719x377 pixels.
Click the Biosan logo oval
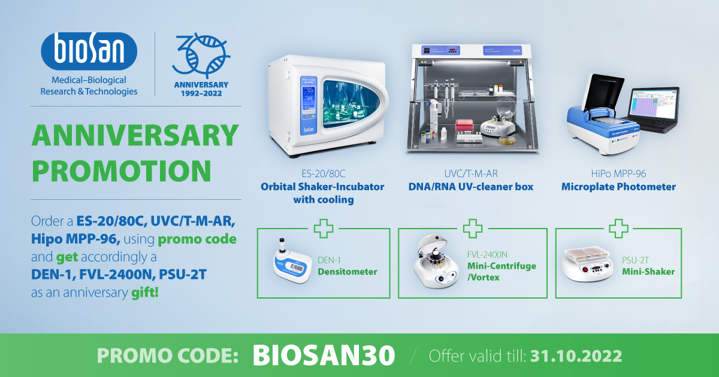pos(89,51)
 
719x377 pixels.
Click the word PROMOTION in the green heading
pos(121,171)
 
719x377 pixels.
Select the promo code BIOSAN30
pos(324,355)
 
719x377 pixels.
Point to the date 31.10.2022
pos(576,356)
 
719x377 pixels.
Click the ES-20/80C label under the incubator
pos(323,174)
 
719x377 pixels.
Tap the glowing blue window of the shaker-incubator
pos(351,104)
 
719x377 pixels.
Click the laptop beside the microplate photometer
pos(654,109)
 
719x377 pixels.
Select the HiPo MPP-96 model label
pos(618,174)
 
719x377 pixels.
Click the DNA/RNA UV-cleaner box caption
pos(470,187)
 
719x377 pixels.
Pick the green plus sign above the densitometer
pos(323,229)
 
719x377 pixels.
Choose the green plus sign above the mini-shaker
pos(618,229)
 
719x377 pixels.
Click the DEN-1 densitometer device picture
pos(292,262)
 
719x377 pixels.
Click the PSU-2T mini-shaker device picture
pos(587,263)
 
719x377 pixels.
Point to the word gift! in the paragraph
pos(145,293)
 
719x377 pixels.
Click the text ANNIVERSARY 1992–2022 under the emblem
pos(201,89)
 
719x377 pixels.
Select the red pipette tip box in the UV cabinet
pos(464,126)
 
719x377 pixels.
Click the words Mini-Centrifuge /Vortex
pos(502,272)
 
